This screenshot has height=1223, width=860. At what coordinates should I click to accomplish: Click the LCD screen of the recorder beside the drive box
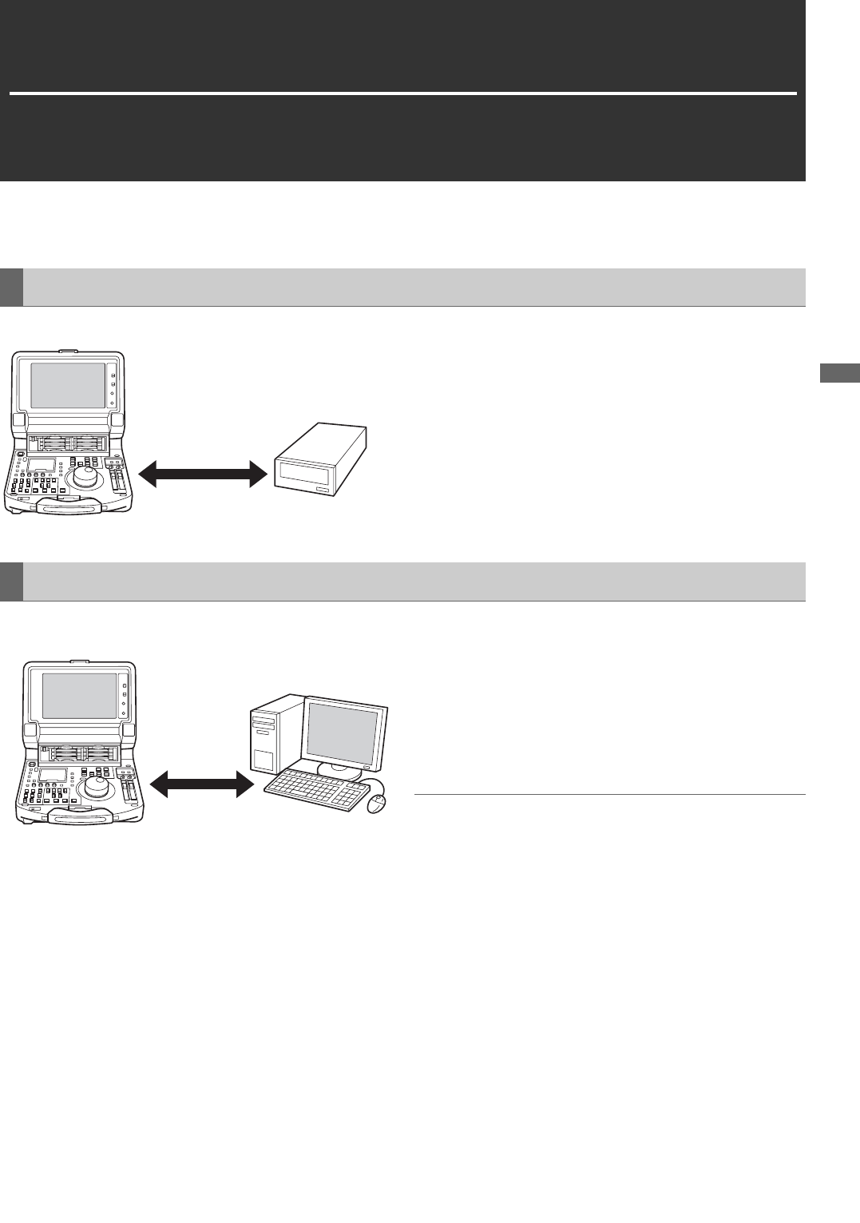click(x=68, y=384)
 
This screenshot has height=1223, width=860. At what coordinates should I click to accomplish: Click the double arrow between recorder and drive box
click(x=203, y=475)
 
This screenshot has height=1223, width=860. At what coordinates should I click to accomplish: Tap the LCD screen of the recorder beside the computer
click(x=79, y=695)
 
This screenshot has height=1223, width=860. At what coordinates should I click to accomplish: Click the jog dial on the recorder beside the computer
click(x=96, y=787)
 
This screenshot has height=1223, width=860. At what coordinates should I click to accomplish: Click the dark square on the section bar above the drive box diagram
click(x=11, y=288)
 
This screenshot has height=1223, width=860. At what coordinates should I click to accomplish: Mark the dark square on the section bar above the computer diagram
click(x=11, y=582)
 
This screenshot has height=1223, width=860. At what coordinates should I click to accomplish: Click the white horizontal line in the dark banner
click(x=403, y=93)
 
